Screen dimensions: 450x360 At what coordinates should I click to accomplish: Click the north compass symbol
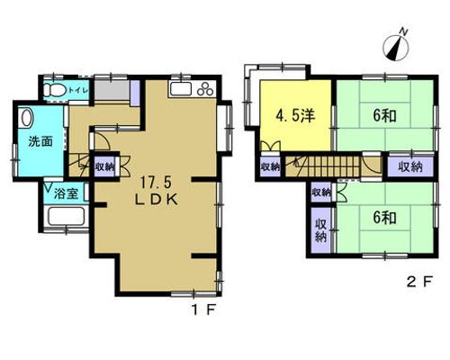click(396, 48)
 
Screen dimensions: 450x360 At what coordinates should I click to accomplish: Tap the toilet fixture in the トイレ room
click(55, 89)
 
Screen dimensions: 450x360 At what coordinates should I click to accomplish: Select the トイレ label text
click(77, 90)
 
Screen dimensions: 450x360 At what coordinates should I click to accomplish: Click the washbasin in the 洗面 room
click(26, 118)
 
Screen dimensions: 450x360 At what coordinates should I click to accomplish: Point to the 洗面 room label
click(40, 141)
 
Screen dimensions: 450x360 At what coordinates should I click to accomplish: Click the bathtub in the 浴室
click(67, 216)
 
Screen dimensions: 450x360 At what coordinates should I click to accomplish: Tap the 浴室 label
click(67, 193)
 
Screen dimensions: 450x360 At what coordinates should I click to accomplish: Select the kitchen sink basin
click(181, 89)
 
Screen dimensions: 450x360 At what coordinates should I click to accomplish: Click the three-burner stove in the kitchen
click(205, 89)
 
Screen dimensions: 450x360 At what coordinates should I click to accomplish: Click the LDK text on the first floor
click(156, 199)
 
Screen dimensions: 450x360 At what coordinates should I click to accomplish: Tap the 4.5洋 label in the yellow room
click(295, 116)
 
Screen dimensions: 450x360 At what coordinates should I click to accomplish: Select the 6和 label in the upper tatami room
click(385, 115)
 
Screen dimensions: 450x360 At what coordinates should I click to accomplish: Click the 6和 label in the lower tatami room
click(385, 218)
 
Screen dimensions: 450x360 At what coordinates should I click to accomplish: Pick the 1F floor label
click(203, 310)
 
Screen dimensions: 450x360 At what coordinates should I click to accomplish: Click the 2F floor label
click(419, 283)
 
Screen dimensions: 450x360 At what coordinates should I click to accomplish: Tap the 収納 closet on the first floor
click(104, 166)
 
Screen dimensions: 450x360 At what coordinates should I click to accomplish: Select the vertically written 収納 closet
click(321, 230)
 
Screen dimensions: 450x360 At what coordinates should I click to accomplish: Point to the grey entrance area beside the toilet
click(112, 90)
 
